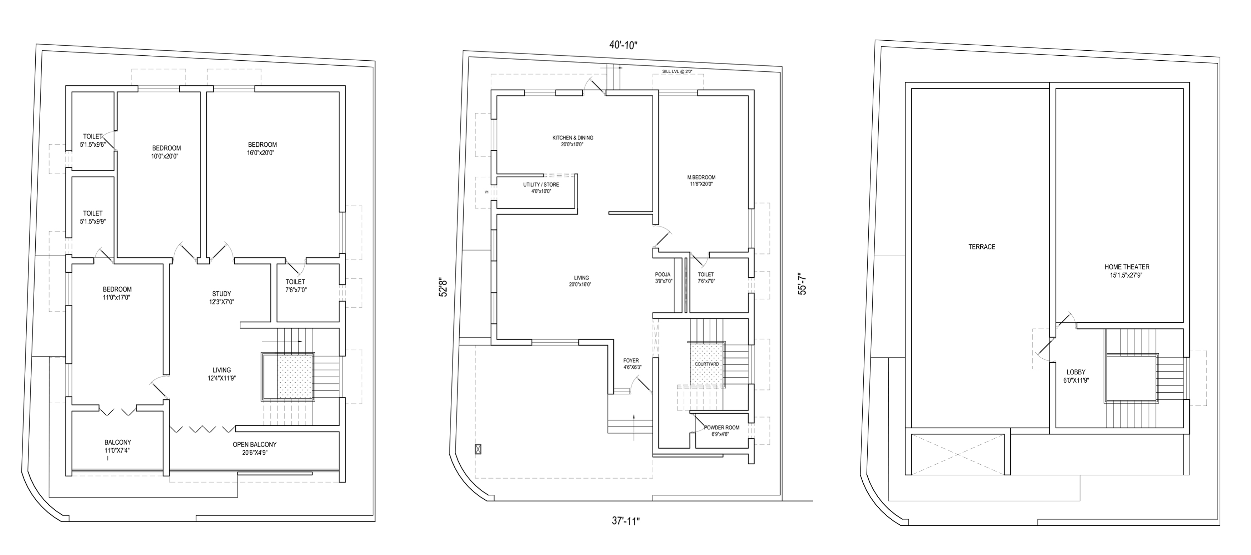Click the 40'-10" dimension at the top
624,45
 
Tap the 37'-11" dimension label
626,521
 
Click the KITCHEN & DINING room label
573,137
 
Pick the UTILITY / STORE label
541,185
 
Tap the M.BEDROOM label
701,177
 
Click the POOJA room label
663,274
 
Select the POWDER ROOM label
722,428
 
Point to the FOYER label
631,360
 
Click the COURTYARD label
706,364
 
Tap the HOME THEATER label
1127,267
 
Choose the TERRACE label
981,247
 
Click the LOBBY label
1076,372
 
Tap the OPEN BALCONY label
255,444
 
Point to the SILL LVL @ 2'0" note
677,71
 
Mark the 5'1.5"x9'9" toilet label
93,222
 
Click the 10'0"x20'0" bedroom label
165,156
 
